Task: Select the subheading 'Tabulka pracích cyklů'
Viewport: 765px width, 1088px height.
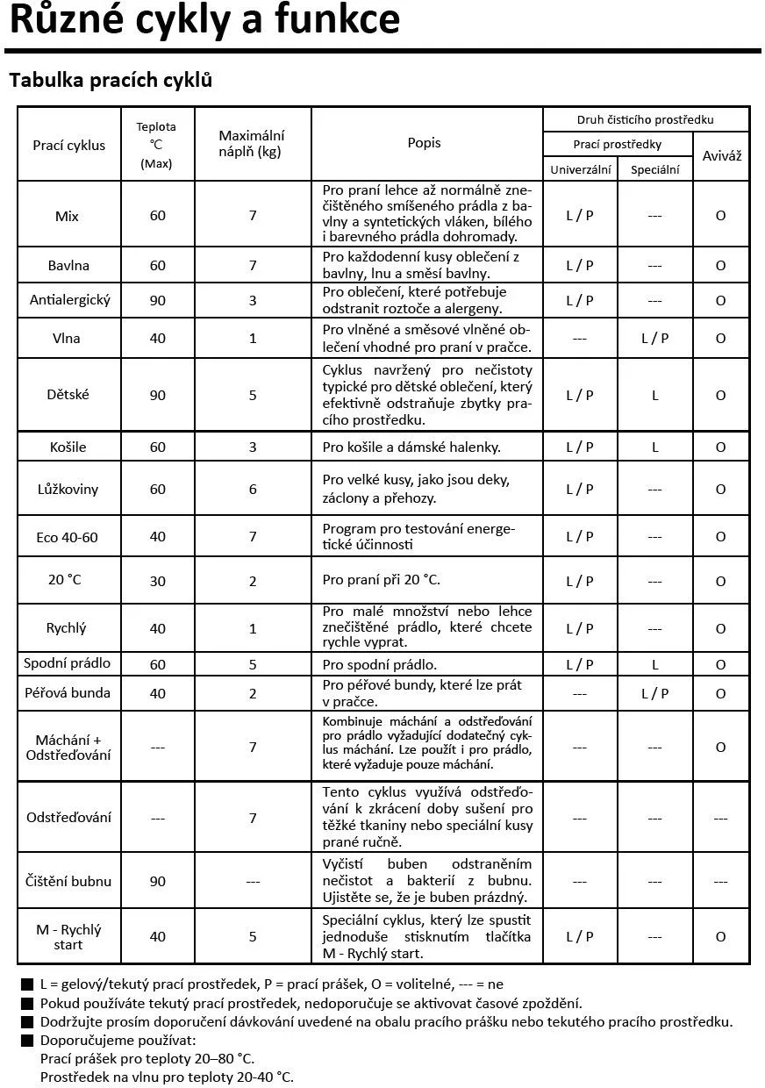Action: [x=111, y=81]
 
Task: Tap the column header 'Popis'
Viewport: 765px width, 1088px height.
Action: [x=425, y=142]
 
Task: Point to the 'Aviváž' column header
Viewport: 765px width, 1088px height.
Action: [x=721, y=155]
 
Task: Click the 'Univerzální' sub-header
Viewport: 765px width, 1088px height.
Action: [x=580, y=169]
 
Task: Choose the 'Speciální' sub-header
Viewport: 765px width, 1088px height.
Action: [x=654, y=169]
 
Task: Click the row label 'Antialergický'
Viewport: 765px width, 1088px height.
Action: [x=70, y=300]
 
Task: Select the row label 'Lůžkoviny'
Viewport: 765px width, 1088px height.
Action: [x=69, y=489]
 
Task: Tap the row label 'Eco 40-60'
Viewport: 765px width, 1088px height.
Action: [x=68, y=536]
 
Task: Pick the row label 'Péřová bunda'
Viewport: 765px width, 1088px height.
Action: [x=68, y=692]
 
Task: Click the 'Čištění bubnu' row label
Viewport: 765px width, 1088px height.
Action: [x=68, y=881]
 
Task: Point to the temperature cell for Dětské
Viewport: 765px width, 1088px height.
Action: [x=158, y=395]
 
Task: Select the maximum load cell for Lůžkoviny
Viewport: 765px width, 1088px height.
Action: [x=253, y=489]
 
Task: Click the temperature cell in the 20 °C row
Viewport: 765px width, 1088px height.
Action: [x=158, y=581]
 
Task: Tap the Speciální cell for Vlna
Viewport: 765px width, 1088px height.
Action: [x=654, y=338]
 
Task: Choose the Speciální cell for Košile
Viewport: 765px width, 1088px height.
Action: [x=654, y=447]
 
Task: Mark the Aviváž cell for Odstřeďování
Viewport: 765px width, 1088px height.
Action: [x=720, y=818]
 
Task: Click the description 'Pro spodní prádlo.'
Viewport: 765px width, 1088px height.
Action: [x=380, y=665]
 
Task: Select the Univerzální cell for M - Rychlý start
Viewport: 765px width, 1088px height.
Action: [x=579, y=936]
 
